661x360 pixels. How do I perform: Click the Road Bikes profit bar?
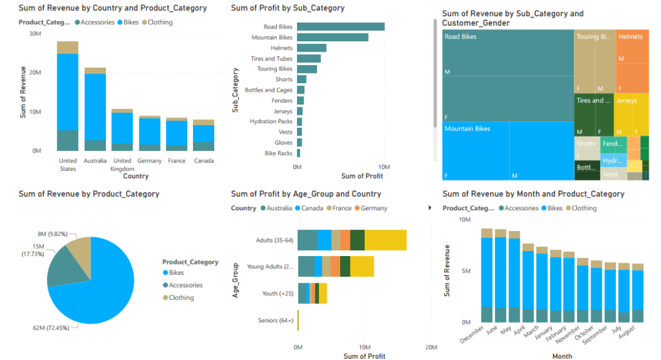tap(341, 26)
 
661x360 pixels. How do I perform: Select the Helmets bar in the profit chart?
tap(312, 48)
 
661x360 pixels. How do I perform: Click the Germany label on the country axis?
tap(149, 161)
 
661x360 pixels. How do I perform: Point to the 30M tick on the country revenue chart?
tap(36, 34)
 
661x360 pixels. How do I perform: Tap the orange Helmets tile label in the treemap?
tap(630, 37)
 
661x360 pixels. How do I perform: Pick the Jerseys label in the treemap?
tap(626, 101)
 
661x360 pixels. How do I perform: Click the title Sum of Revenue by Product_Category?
tap(89, 194)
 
